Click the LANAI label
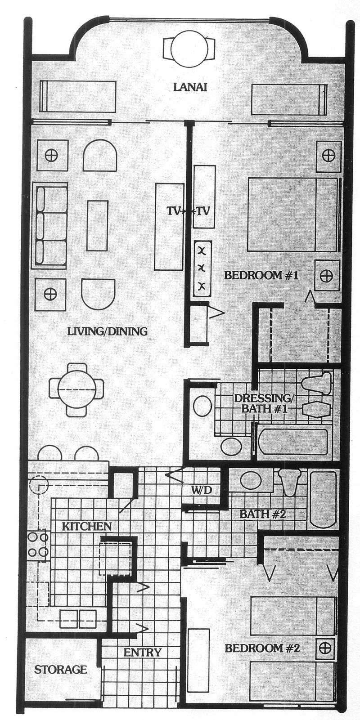tap(190, 87)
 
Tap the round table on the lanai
tap(188, 49)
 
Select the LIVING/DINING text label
tap(108, 331)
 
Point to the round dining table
tap(76, 389)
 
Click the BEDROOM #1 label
tap(261, 276)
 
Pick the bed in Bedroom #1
tap(293, 215)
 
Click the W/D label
tap(202, 490)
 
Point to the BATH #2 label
tap(263, 514)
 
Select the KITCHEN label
tap(86, 527)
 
